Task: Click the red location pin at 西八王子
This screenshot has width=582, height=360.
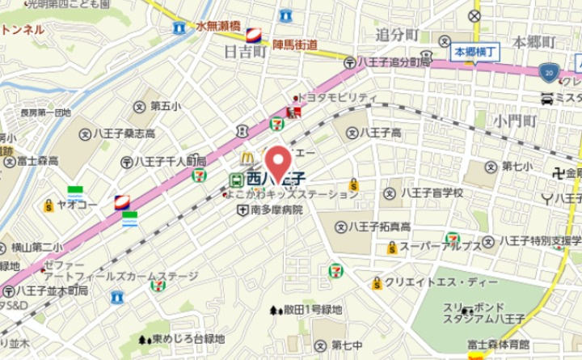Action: click(279, 163)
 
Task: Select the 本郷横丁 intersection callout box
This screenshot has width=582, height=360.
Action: click(474, 52)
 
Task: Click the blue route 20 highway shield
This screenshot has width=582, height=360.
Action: click(550, 71)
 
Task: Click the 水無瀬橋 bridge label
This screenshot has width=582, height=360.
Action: click(217, 26)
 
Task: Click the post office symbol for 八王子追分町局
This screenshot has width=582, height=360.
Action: click(349, 61)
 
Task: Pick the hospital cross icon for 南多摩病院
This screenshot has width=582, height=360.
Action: click(242, 210)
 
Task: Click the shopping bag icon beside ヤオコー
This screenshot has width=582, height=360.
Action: click(48, 205)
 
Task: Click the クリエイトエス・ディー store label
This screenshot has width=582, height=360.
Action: click(428, 282)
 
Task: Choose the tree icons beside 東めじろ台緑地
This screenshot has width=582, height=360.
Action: click(145, 341)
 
